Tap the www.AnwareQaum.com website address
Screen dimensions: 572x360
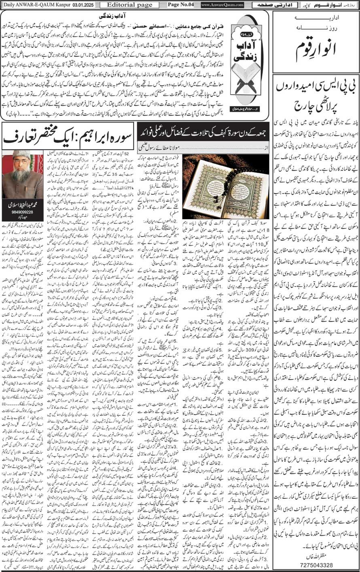(x=222, y=5)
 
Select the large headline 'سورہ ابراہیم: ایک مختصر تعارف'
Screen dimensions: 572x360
(x=69, y=139)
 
